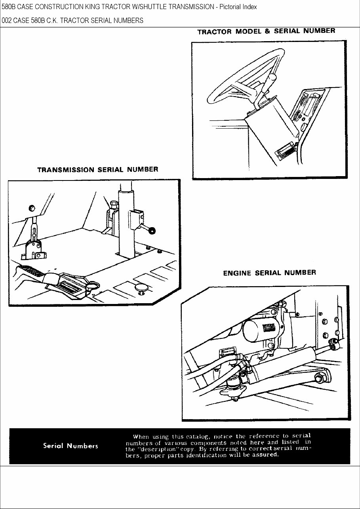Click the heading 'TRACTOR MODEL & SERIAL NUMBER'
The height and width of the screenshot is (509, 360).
(266, 31)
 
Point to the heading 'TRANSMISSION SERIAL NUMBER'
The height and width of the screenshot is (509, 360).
(97, 170)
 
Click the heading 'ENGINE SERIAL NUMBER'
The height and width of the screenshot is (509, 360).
(269, 273)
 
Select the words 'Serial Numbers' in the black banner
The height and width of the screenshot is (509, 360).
(70, 446)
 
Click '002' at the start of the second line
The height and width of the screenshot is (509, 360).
(7, 21)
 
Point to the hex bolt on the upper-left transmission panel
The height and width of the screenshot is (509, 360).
(32, 208)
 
